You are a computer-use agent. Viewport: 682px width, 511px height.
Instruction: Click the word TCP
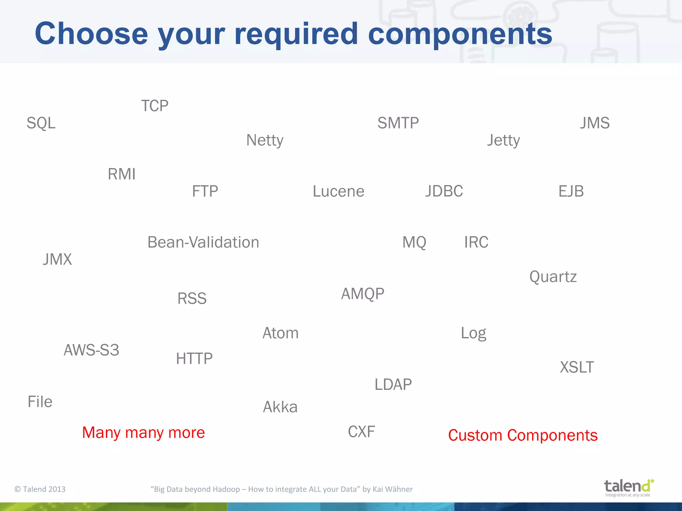click(x=155, y=106)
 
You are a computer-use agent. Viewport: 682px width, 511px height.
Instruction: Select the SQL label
click(x=41, y=123)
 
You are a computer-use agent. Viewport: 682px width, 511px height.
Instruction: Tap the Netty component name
click(x=265, y=140)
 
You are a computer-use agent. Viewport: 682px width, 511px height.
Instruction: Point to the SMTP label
click(x=398, y=123)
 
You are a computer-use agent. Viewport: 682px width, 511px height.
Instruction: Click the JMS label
click(x=595, y=123)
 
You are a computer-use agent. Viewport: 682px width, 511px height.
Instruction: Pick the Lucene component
click(x=338, y=191)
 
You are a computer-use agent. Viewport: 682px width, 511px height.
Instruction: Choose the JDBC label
click(x=444, y=191)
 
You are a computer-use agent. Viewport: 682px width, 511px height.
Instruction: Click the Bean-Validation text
click(x=203, y=242)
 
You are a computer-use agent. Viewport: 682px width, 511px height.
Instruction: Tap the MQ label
click(x=414, y=242)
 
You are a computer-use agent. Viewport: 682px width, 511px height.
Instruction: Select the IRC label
click(x=476, y=242)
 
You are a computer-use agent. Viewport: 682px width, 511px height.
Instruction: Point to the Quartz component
click(x=553, y=277)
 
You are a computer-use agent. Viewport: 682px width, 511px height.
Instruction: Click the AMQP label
click(x=363, y=294)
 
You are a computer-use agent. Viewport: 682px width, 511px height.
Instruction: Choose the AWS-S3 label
click(x=91, y=350)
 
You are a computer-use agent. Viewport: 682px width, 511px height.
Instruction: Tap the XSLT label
click(x=577, y=367)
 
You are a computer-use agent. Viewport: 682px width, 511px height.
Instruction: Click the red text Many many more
click(x=144, y=432)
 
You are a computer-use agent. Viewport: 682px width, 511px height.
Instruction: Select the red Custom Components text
click(x=523, y=435)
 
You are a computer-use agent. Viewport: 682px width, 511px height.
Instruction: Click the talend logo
click(x=628, y=487)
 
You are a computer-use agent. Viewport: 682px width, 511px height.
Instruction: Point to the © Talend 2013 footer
click(x=40, y=489)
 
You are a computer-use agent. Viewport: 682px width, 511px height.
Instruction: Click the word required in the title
click(x=296, y=34)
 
